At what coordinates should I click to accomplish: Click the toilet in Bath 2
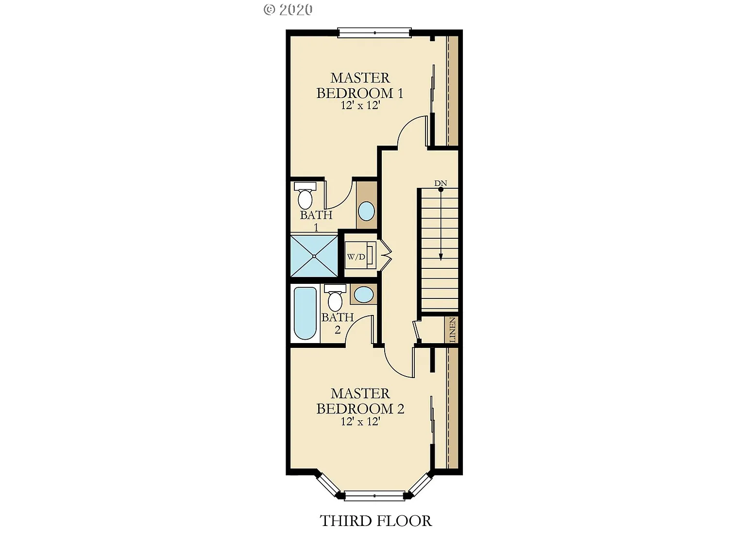[x=335, y=297]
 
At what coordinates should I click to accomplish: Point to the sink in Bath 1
[x=366, y=211]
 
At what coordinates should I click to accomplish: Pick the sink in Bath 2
[x=364, y=295]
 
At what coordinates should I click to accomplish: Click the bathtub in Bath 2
[x=305, y=313]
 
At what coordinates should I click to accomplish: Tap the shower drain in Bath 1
[x=314, y=256]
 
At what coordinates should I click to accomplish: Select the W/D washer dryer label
[x=356, y=257]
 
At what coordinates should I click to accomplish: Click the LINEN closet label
[x=453, y=330]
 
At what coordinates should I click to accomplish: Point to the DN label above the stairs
[x=441, y=183]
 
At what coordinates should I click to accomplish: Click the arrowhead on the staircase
[x=441, y=257]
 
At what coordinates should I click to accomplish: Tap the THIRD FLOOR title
[x=375, y=521]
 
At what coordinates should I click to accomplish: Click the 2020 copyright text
[x=288, y=10]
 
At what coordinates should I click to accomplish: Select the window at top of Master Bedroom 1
[x=374, y=33]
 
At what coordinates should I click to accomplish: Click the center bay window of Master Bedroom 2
[x=374, y=495]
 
